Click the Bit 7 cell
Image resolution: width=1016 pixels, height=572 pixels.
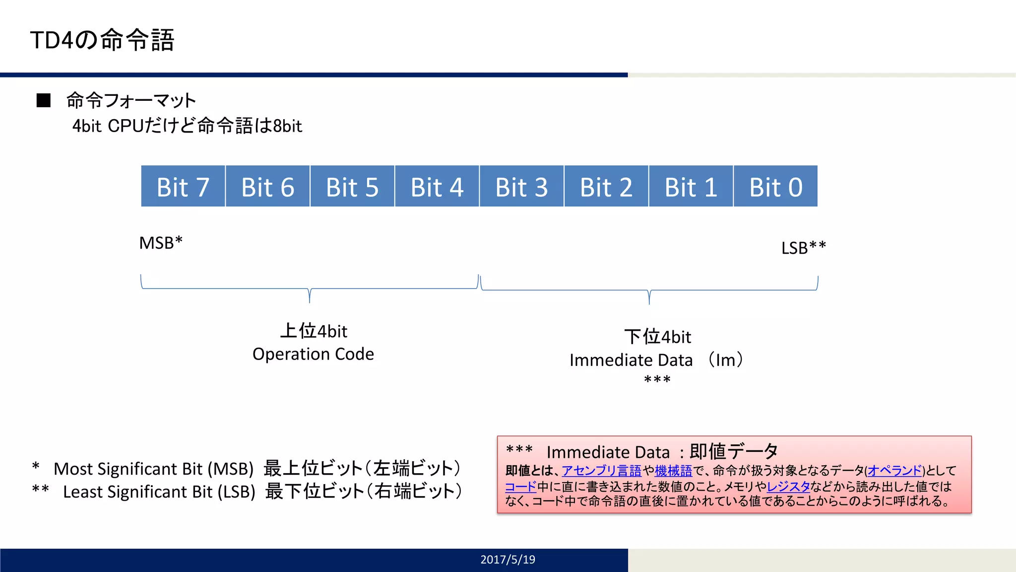tap(183, 187)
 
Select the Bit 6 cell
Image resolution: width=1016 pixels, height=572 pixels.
tap(268, 187)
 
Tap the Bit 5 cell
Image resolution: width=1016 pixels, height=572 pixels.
tap(352, 187)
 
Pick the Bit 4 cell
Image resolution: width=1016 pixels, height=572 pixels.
tap(437, 187)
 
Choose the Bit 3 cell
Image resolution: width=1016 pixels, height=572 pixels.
tap(521, 187)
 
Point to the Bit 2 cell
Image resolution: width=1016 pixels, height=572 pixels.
tap(606, 187)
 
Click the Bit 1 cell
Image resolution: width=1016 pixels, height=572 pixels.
tap(691, 187)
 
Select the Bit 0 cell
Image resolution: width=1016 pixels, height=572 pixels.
tap(776, 187)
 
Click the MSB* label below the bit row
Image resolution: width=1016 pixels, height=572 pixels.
tap(161, 243)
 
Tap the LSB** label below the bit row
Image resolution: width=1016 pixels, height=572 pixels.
tap(803, 247)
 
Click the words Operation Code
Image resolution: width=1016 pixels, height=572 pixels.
tap(313, 354)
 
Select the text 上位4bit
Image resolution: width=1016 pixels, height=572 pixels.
tap(314, 331)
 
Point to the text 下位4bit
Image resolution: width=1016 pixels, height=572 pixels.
tap(657, 337)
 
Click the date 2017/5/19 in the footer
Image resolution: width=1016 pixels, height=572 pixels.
tap(508, 560)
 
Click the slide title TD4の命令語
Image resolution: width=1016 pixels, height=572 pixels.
tap(102, 40)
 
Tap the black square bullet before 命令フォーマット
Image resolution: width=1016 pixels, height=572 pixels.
tap(44, 100)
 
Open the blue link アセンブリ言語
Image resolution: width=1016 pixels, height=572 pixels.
tap(601, 470)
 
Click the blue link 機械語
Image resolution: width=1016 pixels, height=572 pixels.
tap(673, 470)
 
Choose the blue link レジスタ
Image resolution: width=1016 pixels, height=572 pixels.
tap(788, 486)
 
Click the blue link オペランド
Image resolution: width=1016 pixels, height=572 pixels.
tap(894, 470)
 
